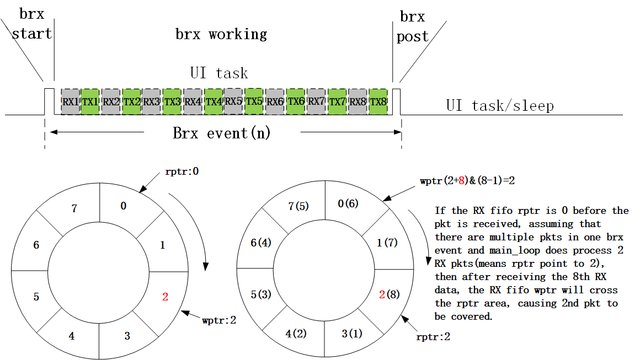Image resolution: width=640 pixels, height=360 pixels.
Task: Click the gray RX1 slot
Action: tap(70, 102)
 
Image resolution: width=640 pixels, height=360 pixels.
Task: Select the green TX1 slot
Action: tap(90, 102)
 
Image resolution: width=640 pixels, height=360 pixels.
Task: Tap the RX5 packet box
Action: tap(234, 101)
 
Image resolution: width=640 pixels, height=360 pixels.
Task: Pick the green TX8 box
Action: tap(378, 102)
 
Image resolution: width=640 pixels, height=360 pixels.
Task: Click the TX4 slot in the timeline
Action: tap(214, 102)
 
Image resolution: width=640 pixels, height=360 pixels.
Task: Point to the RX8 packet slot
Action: tap(358, 102)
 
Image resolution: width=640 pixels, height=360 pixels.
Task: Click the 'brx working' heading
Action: tap(221, 34)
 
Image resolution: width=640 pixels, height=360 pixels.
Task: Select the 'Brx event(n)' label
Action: tap(222, 133)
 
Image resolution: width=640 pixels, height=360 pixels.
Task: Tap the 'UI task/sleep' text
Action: tap(499, 105)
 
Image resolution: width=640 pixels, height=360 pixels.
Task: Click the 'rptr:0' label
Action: tap(182, 171)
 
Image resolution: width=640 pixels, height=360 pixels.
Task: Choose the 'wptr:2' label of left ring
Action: tap(219, 320)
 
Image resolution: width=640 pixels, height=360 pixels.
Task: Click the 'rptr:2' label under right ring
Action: tap(434, 336)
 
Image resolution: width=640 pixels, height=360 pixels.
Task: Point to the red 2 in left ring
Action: tap(165, 297)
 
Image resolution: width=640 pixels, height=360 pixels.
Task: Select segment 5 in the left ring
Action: tap(36, 297)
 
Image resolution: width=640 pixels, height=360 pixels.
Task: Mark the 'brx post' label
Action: tap(412, 26)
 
